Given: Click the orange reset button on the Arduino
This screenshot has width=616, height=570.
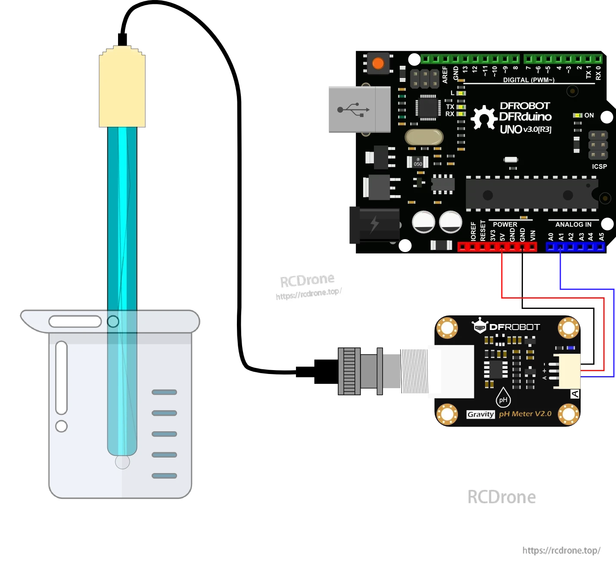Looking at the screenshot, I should pyautogui.click(x=378, y=63).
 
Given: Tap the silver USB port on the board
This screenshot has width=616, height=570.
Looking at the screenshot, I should pyautogui.click(x=359, y=109).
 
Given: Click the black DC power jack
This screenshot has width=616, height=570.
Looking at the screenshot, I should pyautogui.click(x=374, y=225).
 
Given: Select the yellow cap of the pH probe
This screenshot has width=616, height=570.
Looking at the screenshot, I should pyautogui.click(x=122, y=88).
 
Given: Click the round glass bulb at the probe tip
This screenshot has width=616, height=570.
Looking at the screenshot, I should pyautogui.click(x=122, y=462).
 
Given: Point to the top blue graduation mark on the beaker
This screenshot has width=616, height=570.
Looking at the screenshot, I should pyautogui.click(x=164, y=392).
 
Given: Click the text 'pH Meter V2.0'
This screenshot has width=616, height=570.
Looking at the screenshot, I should pyautogui.click(x=525, y=414).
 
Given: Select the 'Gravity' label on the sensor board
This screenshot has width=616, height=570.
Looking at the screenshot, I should pyautogui.click(x=480, y=414).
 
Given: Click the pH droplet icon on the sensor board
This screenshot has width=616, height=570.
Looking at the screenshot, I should pyautogui.click(x=503, y=398).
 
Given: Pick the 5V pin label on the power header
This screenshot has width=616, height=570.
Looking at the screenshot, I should pyautogui.click(x=502, y=237).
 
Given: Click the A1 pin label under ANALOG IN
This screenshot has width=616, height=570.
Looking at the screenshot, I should pyautogui.click(x=561, y=237).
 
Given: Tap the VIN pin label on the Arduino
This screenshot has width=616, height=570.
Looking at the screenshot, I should pyautogui.click(x=533, y=235).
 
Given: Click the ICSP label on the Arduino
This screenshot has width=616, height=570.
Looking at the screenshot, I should pyautogui.click(x=599, y=166).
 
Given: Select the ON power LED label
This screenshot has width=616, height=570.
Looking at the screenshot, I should pyautogui.click(x=589, y=115).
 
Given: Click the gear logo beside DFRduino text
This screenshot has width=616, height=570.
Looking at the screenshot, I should pyautogui.click(x=483, y=118).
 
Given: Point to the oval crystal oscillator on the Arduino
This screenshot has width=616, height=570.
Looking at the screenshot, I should pyautogui.click(x=424, y=137).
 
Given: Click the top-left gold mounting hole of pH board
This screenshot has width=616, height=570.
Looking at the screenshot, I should pyautogui.click(x=447, y=328).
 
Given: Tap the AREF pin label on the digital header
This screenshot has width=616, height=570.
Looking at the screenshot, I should pyautogui.click(x=445, y=74).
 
